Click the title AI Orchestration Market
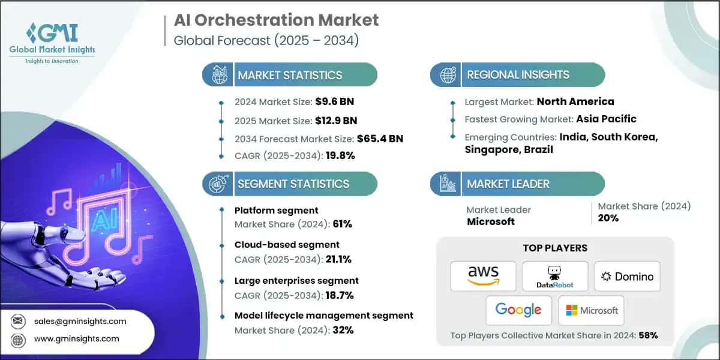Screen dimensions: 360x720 pyautogui.click(x=276, y=20)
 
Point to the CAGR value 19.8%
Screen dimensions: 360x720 pyautogui.click(x=338, y=155)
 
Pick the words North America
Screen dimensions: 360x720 pyautogui.click(x=575, y=101)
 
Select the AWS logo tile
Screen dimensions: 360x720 pyautogui.click(x=483, y=277)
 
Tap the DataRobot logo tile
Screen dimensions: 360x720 pyautogui.click(x=555, y=277)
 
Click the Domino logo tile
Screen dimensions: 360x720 pyautogui.click(x=627, y=277)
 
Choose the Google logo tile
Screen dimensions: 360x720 pyautogui.click(x=519, y=310)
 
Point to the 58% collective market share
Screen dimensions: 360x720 pyautogui.click(x=648, y=335)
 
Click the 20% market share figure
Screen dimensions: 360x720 pyautogui.click(x=608, y=218)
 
